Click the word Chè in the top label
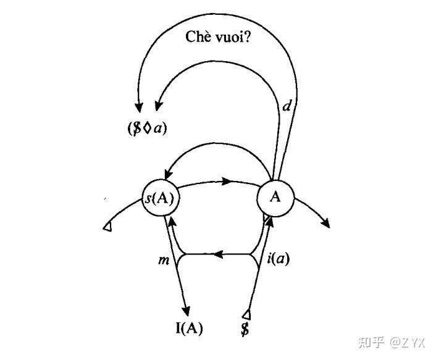(x=199, y=36)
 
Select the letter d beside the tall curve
(x=285, y=106)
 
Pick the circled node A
(x=276, y=197)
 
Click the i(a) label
(x=279, y=259)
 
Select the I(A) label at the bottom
(x=188, y=329)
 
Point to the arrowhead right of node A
(x=325, y=223)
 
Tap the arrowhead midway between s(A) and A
(x=227, y=182)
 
